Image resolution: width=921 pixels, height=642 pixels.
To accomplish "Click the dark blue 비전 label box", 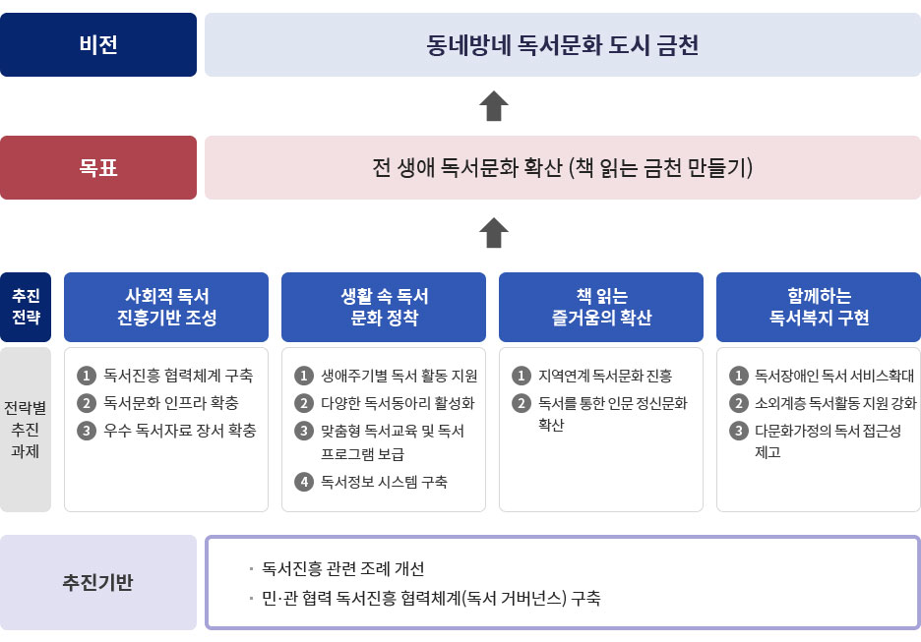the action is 98,44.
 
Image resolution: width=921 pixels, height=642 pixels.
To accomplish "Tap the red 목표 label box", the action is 98,167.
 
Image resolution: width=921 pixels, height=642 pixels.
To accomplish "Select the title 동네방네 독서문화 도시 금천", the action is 562,45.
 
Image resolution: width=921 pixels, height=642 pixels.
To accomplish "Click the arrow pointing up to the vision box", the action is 493,106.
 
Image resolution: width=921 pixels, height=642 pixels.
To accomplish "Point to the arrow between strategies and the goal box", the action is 493,233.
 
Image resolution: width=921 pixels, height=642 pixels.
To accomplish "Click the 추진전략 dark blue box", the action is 26,307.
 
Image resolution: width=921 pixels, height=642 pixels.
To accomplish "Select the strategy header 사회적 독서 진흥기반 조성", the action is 166,307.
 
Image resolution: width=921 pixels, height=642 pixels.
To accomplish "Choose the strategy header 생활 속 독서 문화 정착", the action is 384,307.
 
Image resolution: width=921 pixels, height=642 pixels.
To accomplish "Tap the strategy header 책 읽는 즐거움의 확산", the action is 601,307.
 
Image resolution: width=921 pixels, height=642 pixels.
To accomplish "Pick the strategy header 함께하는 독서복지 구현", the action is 819,307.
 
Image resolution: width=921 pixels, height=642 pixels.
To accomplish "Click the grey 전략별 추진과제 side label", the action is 26,430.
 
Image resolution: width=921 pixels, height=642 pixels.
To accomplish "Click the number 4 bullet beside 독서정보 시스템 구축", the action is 304,482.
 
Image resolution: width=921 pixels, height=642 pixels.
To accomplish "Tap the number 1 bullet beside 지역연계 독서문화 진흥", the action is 521,376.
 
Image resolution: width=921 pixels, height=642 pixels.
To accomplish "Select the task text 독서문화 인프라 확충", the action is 171,402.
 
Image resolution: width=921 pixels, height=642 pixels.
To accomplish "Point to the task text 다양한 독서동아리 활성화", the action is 398,403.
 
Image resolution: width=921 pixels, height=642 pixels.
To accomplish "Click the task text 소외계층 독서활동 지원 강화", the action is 835,403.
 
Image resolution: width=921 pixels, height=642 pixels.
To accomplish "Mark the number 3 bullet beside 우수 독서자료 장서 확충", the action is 87,431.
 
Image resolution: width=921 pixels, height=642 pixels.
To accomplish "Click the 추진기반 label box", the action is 98,582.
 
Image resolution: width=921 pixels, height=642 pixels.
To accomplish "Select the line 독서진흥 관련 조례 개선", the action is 343,568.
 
